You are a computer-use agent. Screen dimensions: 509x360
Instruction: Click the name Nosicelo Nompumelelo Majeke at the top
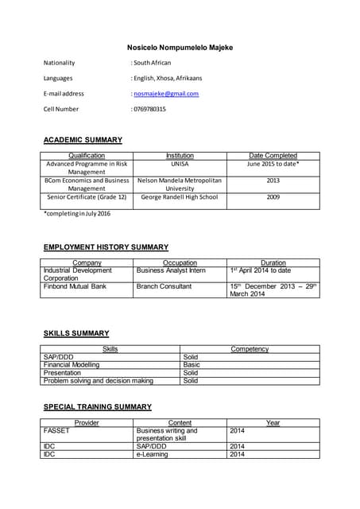(180, 48)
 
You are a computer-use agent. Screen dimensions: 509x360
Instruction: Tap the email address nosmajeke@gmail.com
(166, 94)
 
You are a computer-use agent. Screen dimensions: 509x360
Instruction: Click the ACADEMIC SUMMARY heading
(83, 140)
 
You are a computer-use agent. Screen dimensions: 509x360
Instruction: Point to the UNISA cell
(180, 163)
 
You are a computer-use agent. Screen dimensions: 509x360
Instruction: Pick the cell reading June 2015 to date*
(273, 163)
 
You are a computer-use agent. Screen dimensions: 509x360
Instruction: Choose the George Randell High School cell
(180, 196)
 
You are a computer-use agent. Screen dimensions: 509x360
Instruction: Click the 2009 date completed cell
(273, 196)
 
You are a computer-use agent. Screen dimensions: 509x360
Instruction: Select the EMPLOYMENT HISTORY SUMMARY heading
(106, 247)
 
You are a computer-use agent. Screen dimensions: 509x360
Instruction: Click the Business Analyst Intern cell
(171, 270)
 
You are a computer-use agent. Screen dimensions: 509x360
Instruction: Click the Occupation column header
(180, 262)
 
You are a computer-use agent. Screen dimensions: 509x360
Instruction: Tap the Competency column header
(250, 349)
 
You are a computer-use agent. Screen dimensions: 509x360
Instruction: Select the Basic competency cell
(192, 365)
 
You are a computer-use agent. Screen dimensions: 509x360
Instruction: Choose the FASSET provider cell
(56, 430)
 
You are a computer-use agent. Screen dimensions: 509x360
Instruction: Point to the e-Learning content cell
(153, 454)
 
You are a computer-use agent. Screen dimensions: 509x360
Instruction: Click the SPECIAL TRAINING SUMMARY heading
(97, 407)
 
